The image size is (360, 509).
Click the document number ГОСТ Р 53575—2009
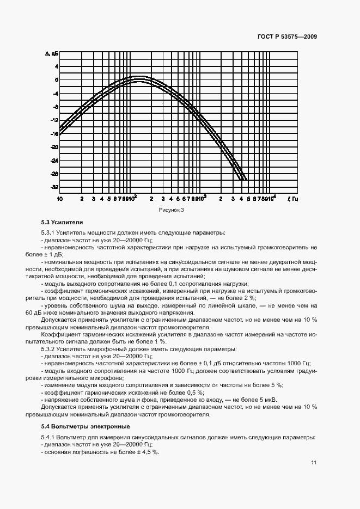(x=288, y=36)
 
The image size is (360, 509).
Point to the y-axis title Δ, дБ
(x=52, y=54)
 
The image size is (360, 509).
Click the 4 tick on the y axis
(x=56, y=66)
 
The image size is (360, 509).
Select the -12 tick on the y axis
(x=54, y=120)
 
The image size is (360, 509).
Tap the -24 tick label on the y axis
(x=54, y=160)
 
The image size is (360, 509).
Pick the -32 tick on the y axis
(x=54, y=187)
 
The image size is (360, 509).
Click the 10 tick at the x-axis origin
(x=59, y=199)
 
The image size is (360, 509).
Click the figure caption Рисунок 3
(x=172, y=210)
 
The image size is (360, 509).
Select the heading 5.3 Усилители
(x=62, y=222)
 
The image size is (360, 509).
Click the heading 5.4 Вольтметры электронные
(x=86, y=426)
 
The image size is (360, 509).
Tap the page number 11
(x=314, y=463)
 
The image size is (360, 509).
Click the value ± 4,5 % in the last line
(x=147, y=452)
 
